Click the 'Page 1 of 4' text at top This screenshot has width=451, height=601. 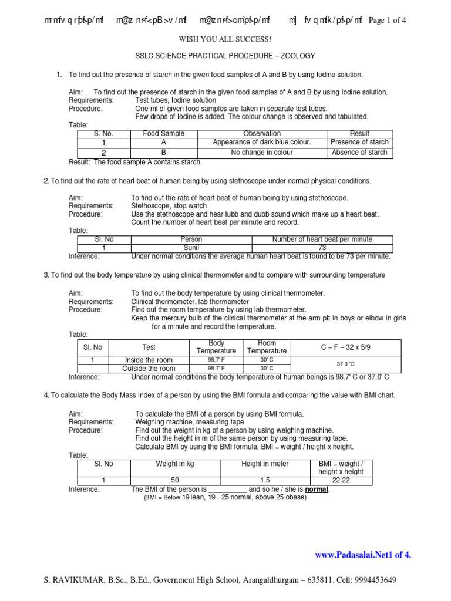click(x=387, y=21)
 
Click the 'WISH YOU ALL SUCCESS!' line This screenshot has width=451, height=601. click(x=225, y=39)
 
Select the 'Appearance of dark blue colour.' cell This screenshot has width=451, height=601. click(x=262, y=143)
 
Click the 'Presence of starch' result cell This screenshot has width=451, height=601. click(x=359, y=143)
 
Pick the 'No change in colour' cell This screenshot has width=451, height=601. click(x=262, y=153)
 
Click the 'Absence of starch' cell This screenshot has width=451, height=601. click(x=359, y=153)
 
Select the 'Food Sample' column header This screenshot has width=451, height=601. click(x=164, y=134)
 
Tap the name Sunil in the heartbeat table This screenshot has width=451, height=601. click(x=191, y=248)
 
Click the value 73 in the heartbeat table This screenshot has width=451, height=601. click(x=322, y=248)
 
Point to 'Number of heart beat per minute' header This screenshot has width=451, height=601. click(x=322, y=239)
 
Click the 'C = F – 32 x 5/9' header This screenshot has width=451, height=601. click(x=346, y=347)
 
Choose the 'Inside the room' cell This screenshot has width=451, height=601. click(x=149, y=360)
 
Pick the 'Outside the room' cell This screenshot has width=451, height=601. click(x=149, y=369)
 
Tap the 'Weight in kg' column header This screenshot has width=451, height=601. click(x=174, y=464)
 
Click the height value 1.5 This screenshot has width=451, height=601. click(x=265, y=480)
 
